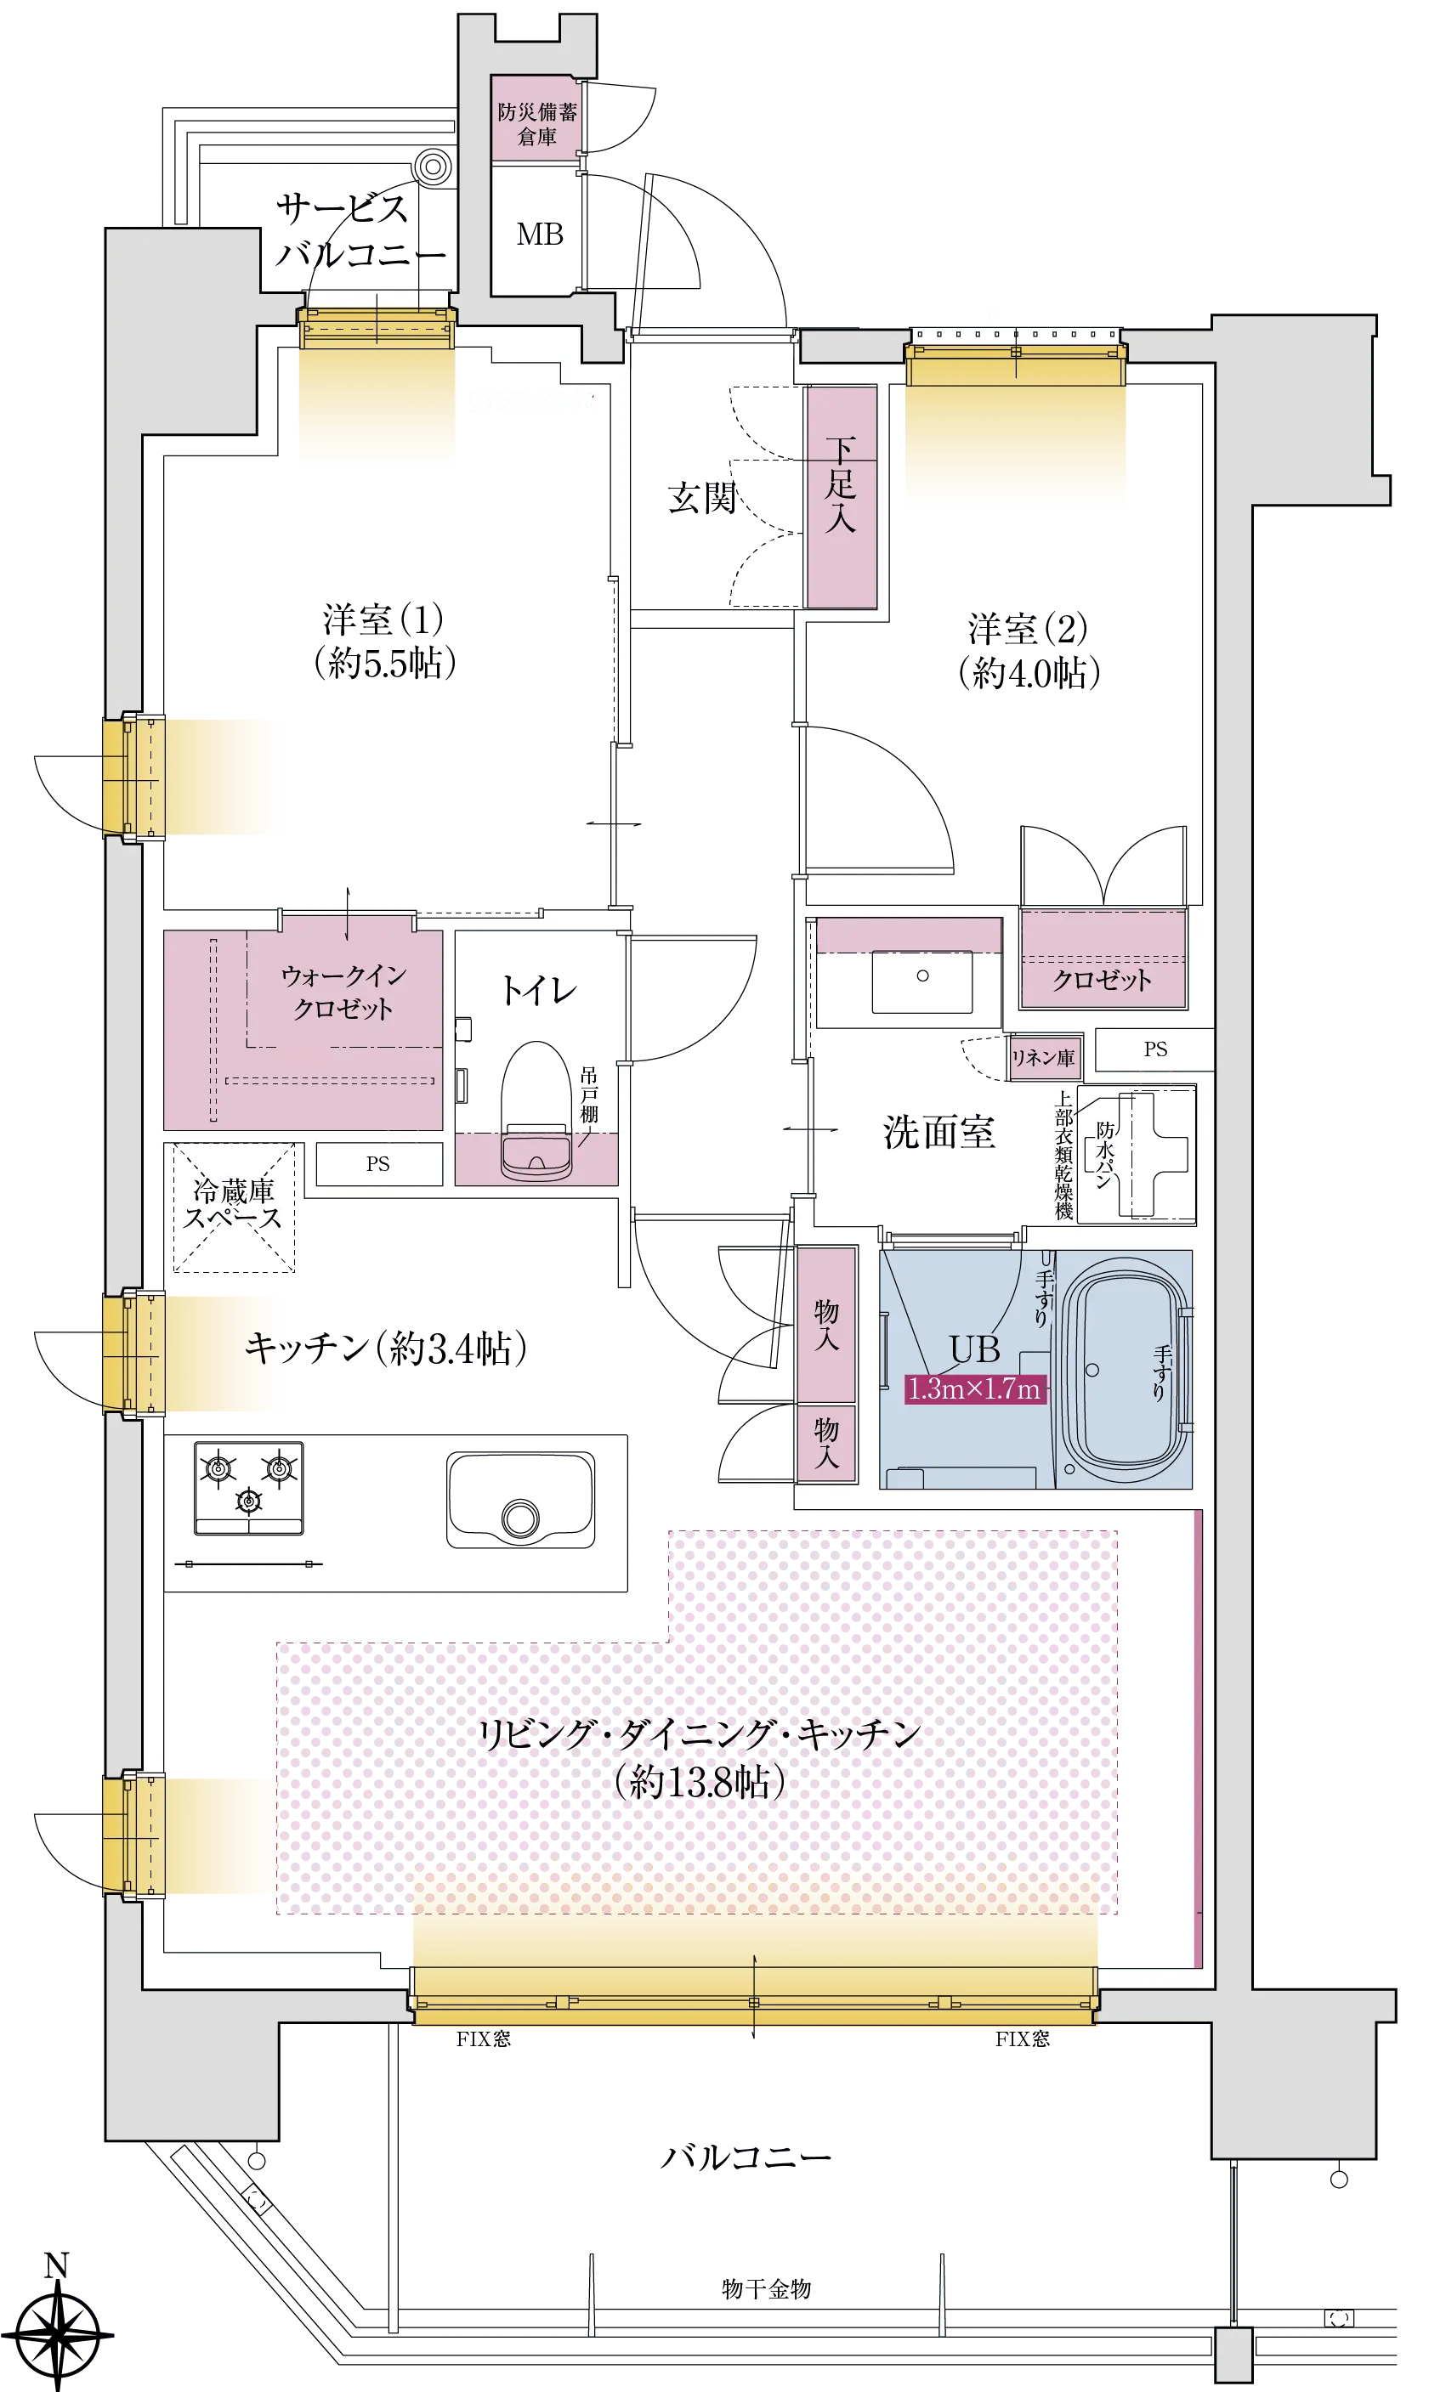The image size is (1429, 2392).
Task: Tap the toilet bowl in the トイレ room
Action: coord(536,1111)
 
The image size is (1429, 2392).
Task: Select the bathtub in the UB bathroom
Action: coord(1125,1369)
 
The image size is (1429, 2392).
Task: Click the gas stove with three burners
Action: coord(248,1487)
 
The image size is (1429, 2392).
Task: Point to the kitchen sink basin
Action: coord(520,1500)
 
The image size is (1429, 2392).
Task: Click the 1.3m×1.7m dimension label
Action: coord(974,1389)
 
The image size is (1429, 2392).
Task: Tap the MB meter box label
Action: coord(539,234)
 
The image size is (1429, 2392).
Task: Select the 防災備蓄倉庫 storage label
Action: coord(537,124)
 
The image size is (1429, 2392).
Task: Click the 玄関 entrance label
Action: coord(702,498)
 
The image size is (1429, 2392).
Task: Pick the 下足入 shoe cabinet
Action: coord(841,497)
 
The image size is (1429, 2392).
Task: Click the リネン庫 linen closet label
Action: coord(1043,1058)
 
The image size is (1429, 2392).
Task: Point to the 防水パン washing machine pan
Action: coord(1137,1154)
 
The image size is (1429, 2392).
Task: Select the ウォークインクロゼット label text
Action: coord(343,992)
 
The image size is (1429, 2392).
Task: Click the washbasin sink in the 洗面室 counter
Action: coord(921,981)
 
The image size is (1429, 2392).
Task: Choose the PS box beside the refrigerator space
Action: coord(378,1164)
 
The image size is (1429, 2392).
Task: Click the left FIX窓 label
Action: coord(484,2039)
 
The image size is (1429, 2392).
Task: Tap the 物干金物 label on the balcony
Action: coord(767,2288)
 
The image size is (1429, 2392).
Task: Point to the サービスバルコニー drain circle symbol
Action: coord(434,167)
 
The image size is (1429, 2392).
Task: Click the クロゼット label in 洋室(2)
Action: coord(1102,980)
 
